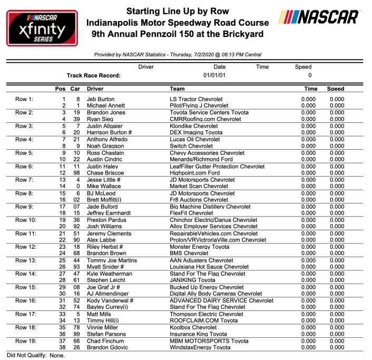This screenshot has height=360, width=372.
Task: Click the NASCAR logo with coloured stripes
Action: (x=319, y=17)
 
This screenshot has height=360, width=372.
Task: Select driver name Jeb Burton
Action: (x=100, y=99)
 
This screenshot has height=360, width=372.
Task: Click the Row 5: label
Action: (x=24, y=153)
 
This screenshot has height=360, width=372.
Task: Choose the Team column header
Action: (x=178, y=89)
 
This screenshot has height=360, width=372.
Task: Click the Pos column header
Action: (x=61, y=89)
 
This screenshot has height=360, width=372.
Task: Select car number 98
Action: (x=76, y=172)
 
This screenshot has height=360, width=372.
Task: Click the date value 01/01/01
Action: (x=214, y=75)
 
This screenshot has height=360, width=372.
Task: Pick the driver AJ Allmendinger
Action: (x=109, y=294)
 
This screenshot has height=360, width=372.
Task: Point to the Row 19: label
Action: (x=25, y=340)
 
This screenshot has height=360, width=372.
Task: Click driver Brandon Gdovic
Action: (x=107, y=347)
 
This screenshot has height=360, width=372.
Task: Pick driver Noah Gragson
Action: (x=104, y=146)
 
